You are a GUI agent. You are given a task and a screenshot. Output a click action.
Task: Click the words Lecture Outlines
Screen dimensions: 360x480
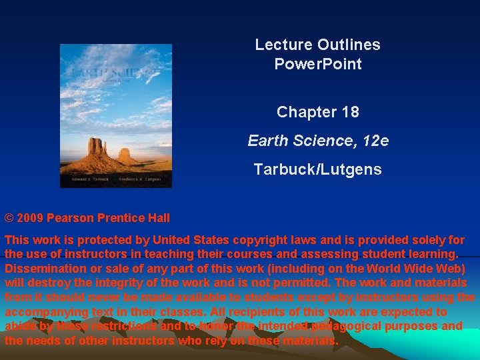click(317, 45)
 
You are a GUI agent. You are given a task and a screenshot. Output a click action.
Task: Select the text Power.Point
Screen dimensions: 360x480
click(317, 64)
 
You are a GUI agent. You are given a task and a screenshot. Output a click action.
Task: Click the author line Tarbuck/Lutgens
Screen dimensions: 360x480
click(317, 169)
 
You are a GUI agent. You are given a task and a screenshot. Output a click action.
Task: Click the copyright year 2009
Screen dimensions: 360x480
click(30, 218)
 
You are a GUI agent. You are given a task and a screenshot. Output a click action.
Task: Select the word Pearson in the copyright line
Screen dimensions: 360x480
click(70, 218)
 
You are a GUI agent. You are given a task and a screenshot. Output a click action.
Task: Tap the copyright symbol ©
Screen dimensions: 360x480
click(9, 218)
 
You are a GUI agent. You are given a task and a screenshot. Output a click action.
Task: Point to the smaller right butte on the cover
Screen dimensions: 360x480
click(125, 155)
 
